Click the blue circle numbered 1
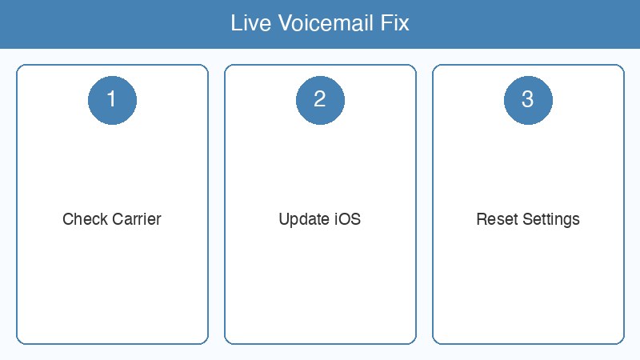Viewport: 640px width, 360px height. click(x=112, y=99)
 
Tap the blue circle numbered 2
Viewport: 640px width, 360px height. click(x=320, y=99)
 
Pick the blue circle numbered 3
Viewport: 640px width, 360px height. click(x=528, y=99)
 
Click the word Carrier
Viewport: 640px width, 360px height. click(x=134, y=219)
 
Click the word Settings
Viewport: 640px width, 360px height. click(x=550, y=219)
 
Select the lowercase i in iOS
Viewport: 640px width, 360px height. click(x=335, y=219)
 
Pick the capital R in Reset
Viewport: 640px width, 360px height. click(x=481, y=219)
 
